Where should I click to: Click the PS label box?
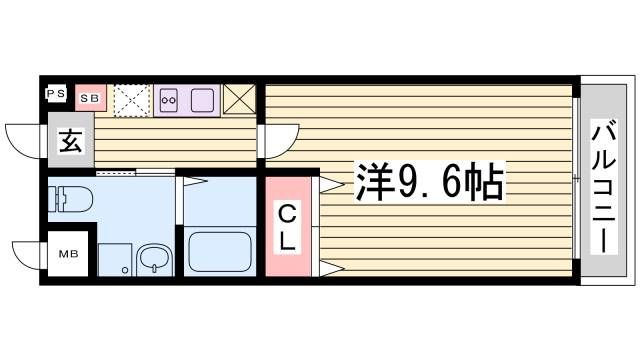[55, 96]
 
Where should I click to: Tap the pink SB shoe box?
[90, 98]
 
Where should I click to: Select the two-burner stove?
[168, 99]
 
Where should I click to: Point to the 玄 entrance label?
[69, 141]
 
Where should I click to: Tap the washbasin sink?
[154, 260]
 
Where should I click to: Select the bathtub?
[219, 253]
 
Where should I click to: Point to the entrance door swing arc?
[22, 138]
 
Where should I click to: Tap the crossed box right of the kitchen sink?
[240, 99]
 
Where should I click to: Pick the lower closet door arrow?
[331, 266]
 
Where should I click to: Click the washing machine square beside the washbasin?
[112, 258]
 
